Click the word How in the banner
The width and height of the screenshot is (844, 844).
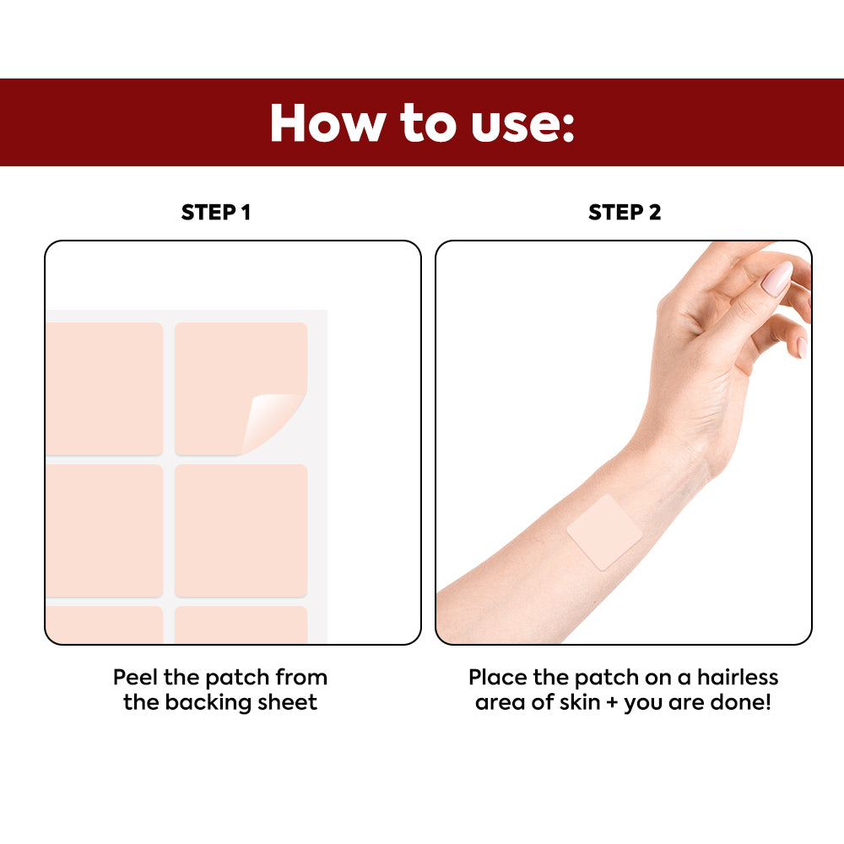[327, 122]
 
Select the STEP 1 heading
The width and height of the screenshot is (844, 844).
[216, 212]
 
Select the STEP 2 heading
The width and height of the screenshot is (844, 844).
[625, 212]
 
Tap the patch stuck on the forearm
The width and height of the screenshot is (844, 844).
[604, 532]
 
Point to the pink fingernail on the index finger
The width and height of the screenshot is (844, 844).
[778, 278]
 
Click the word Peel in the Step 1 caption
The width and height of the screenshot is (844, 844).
[136, 677]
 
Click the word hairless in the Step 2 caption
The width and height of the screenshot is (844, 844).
[738, 677]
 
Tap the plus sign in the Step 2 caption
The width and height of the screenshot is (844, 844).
[612, 702]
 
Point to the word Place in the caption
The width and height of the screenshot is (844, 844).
[498, 677]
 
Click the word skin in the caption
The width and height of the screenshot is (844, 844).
[580, 702]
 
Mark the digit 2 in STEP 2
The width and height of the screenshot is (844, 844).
[655, 212]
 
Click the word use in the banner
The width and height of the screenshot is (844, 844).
[514, 127]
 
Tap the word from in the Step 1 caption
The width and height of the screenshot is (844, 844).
[301, 677]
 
